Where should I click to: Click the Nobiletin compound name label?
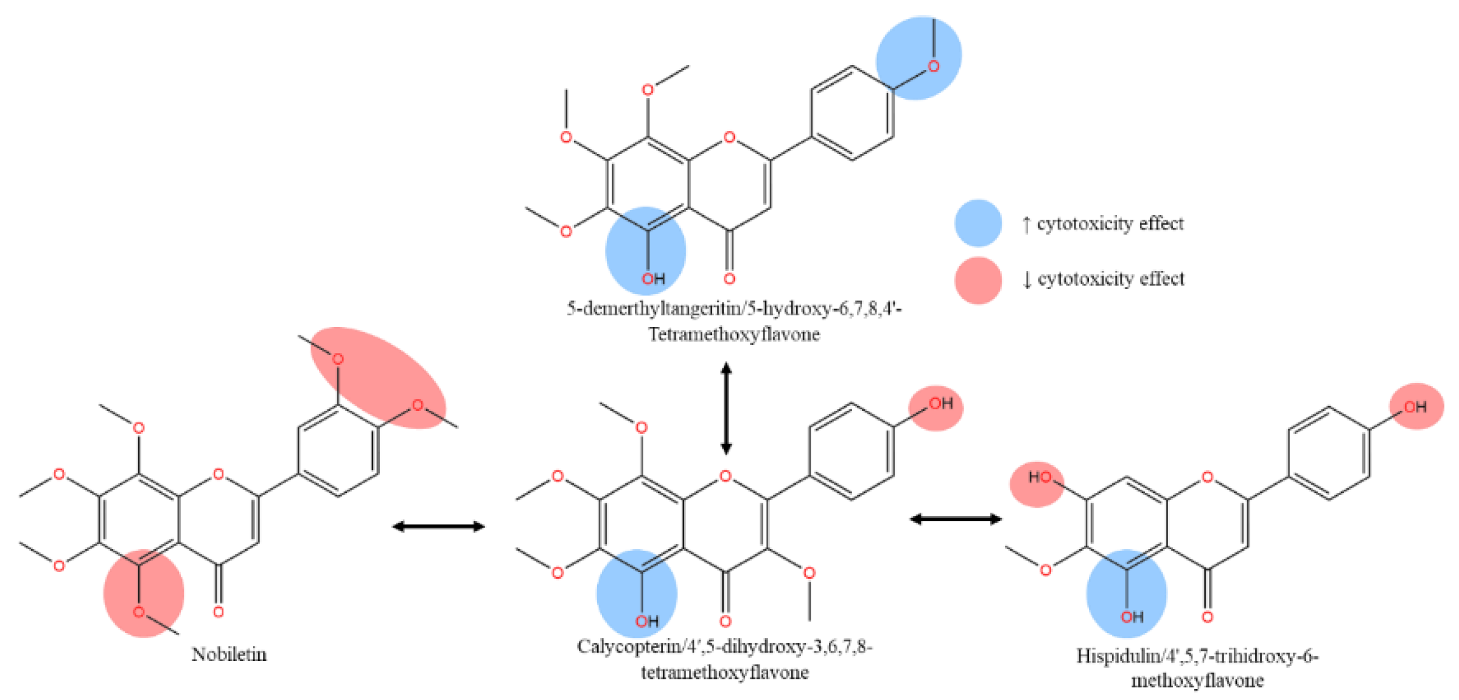tap(229, 654)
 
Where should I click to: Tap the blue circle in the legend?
tap(978, 223)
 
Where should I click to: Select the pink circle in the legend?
tap(978, 280)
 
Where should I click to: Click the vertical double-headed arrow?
tap(726, 408)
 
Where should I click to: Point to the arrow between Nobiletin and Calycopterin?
tap(438, 526)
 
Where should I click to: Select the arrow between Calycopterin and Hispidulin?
tap(956, 519)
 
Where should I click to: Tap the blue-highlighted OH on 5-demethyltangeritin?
tap(646, 251)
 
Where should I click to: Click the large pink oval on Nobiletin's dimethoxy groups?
tap(378, 378)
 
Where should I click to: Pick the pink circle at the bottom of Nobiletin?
tap(144, 593)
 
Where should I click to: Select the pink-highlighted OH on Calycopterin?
tap(936, 408)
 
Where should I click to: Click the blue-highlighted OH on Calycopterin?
tap(637, 593)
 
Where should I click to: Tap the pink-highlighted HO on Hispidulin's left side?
tap(1037, 485)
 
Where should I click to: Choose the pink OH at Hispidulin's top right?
tap(1416, 406)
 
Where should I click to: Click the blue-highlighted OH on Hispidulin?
tap(1126, 593)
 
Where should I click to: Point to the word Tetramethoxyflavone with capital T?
tap(734, 335)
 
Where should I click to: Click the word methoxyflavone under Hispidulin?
tap(1197, 680)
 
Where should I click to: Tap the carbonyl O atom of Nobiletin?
tap(219, 611)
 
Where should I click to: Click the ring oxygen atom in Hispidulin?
tap(1208, 477)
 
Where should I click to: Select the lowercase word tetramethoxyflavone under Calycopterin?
tap(724, 673)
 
